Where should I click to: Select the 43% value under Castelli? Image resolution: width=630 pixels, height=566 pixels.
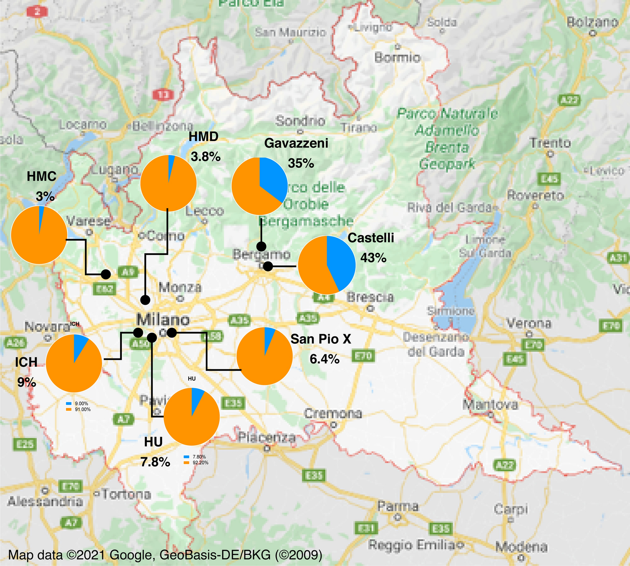[x=373, y=258]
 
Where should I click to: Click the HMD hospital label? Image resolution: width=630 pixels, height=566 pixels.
[x=203, y=137]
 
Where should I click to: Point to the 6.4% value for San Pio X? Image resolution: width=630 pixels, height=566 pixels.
[x=324, y=359]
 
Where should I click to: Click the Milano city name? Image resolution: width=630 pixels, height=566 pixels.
[x=163, y=319]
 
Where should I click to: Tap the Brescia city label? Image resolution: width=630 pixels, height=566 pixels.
[x=370, y=297]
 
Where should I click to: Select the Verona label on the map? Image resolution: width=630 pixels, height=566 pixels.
[x=529, y=323]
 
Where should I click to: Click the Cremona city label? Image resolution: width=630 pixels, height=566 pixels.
[x=333, y=414]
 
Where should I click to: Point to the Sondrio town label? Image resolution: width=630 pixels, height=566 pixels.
[x=300, y=120]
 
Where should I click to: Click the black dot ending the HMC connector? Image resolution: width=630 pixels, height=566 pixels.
[x=105, y=274]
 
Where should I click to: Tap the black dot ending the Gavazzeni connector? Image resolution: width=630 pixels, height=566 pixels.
[x=261, y=246]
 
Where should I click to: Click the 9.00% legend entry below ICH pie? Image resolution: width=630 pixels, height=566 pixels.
[x=81, y=403]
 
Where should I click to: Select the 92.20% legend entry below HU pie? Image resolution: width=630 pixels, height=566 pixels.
[x=200, y=463]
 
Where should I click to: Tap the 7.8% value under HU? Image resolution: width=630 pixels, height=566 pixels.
[x=155, y=462]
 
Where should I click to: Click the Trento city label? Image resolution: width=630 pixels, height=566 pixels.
[x=550, y=143]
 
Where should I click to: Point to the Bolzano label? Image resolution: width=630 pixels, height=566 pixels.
[x=593, y=22]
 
